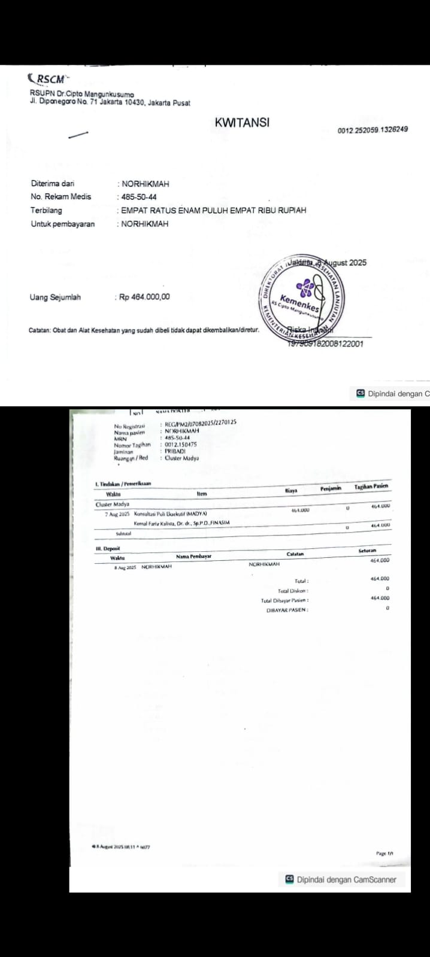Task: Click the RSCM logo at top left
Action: (48, 78)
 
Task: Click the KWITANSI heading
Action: (242, 122)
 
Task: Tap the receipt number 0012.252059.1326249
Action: (373, 129)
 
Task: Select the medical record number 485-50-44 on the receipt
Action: (139, 197)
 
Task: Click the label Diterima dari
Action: (53, 184)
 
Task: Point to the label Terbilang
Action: (46, 210)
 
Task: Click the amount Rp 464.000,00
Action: (144, 297)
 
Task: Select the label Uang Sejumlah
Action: (55, 297)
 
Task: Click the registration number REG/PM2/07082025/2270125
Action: (200, 422)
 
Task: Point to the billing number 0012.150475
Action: (180, 445)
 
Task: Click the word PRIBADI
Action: (175, 451)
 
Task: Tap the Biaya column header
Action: (291, 491)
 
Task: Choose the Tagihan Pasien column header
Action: (371, 487)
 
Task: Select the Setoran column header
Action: (367, 551)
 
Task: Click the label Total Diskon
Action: (293, 591)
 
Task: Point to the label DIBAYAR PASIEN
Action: (287, 610)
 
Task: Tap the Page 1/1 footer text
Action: (384, 853)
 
